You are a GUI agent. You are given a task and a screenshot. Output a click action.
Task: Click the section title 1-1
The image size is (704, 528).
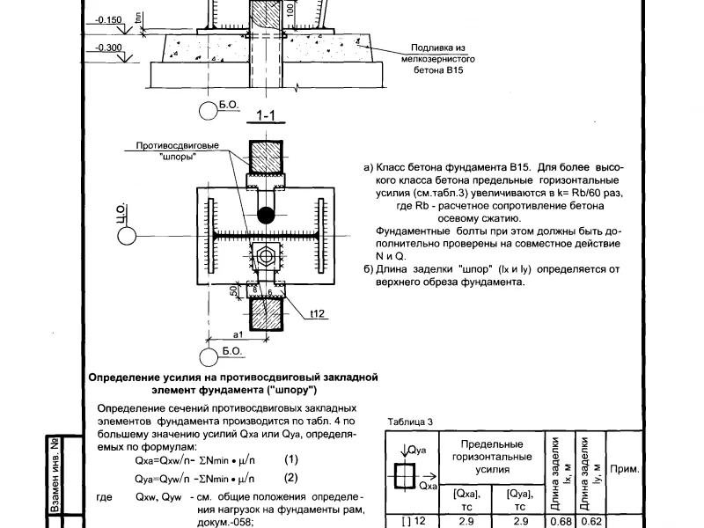(x=266, y=116)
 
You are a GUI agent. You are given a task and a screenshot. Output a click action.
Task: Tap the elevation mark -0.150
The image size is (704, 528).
(x=108, y=20)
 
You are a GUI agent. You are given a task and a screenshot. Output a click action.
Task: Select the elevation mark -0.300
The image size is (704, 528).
(x=108, y=48)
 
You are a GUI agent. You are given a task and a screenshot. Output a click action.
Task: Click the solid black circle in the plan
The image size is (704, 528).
(x=266, y=215)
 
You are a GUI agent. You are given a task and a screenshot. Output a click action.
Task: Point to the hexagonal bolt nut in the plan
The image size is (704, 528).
(x=266, y=257)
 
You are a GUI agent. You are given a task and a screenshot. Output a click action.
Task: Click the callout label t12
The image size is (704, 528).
(x=317, y=313)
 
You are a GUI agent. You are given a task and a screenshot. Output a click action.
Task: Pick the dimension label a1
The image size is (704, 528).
(x=238, y=334)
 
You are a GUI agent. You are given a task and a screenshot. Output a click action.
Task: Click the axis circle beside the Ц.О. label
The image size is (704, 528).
(x=127, y=236)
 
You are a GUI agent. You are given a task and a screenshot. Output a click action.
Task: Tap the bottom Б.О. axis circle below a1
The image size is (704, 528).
(x=209, y=357)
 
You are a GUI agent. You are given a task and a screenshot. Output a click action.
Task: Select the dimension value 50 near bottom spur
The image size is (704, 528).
(x=233, y=291)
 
